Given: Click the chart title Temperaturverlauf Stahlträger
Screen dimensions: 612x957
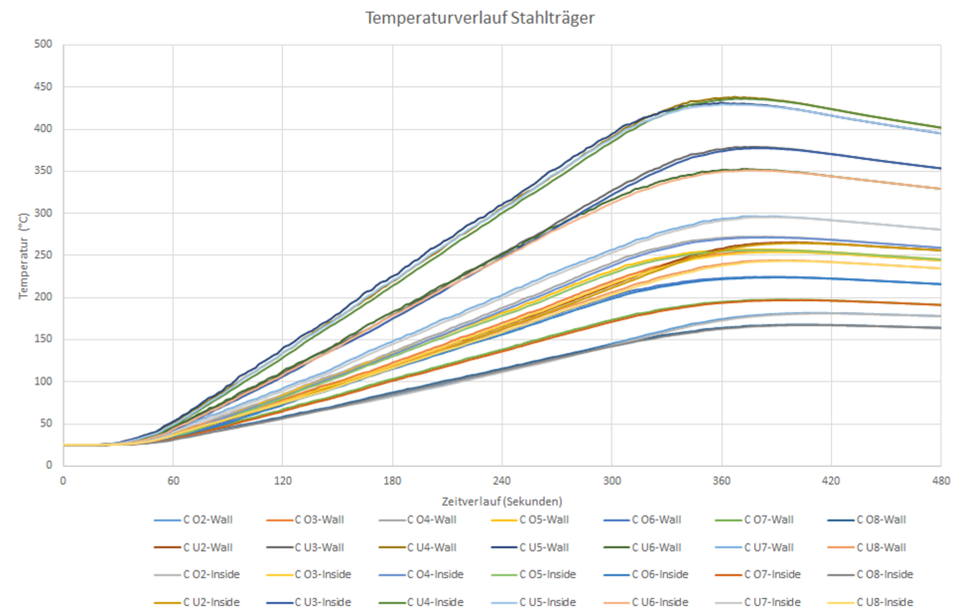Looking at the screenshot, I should pos(480,18).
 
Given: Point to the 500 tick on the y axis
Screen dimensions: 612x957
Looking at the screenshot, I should pos(43,45).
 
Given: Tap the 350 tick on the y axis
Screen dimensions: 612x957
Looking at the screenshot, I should pos(43,171).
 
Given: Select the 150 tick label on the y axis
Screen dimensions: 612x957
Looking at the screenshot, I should pos(43,339).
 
